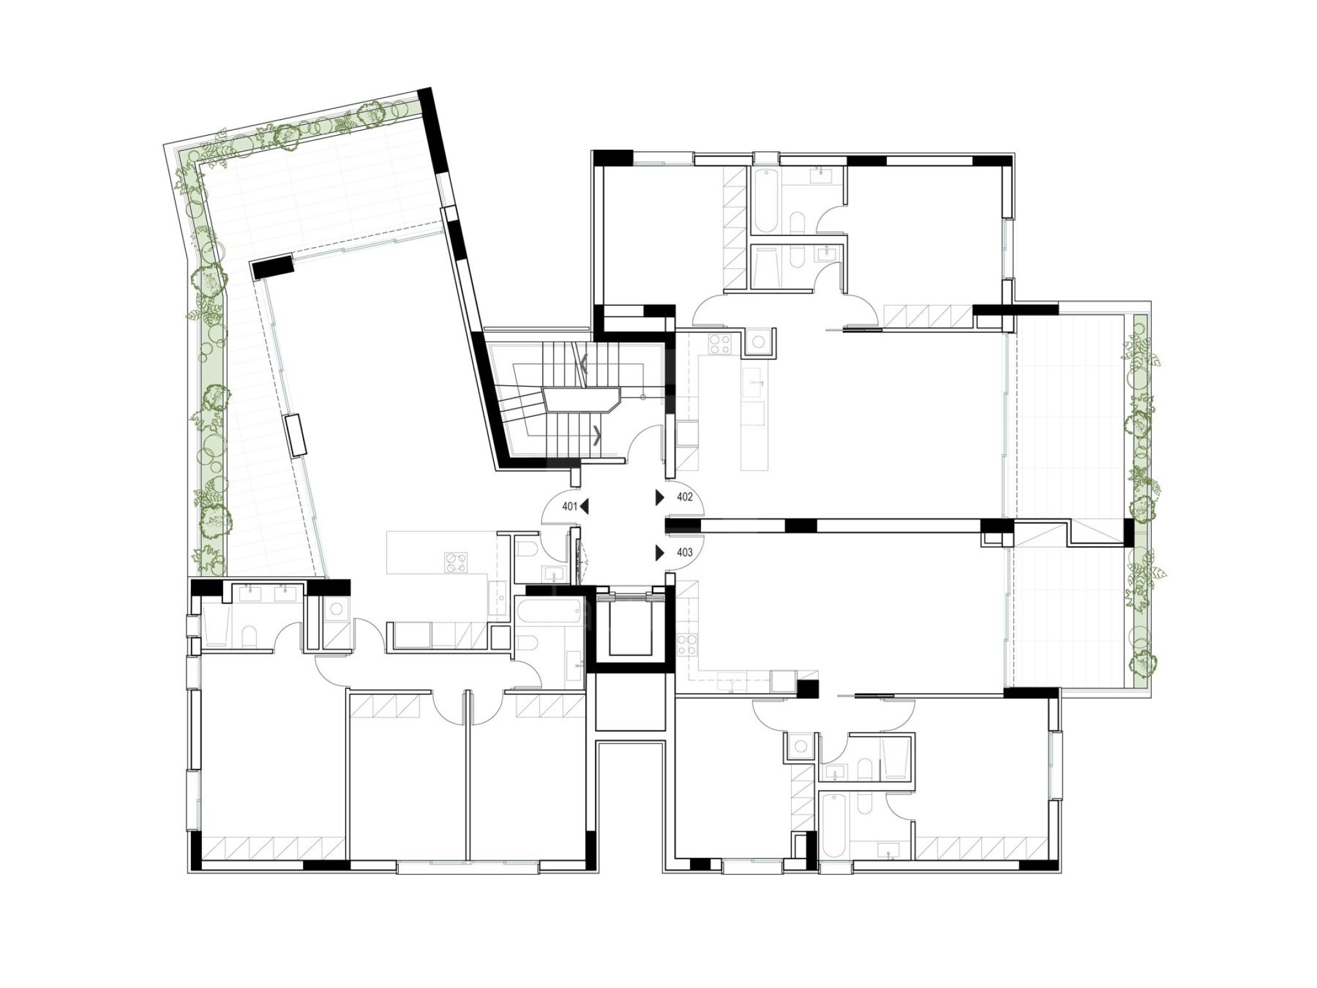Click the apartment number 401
(x=570, y=507)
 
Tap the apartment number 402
(x=685, y=497)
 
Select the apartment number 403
(x=685, y=553)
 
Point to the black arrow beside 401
(x=584, y=507)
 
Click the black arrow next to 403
(x=660, y=553)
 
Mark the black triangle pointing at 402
(x=660, y=497)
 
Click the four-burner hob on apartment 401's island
(x=456, y=562)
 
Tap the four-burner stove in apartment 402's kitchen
(x=719, y=343)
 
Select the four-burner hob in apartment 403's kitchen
(x=687, y=645)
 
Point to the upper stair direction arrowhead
(x=584, y=366)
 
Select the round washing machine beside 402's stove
(x=759, y=341)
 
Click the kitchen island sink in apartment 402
(x=754, y=383)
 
